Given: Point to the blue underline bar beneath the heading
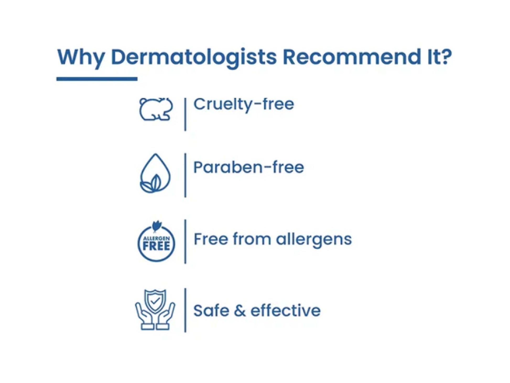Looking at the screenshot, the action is [97, 79].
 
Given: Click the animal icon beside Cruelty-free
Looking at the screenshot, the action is [156, 109].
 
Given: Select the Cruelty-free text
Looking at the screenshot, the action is [244, 104].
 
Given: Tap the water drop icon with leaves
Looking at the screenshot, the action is [155, 173].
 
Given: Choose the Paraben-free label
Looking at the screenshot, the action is [248, 167].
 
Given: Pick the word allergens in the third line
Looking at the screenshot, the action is [314, 240].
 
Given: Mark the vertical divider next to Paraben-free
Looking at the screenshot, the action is [185, 175].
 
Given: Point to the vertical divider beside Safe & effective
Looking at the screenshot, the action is [185, 310].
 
